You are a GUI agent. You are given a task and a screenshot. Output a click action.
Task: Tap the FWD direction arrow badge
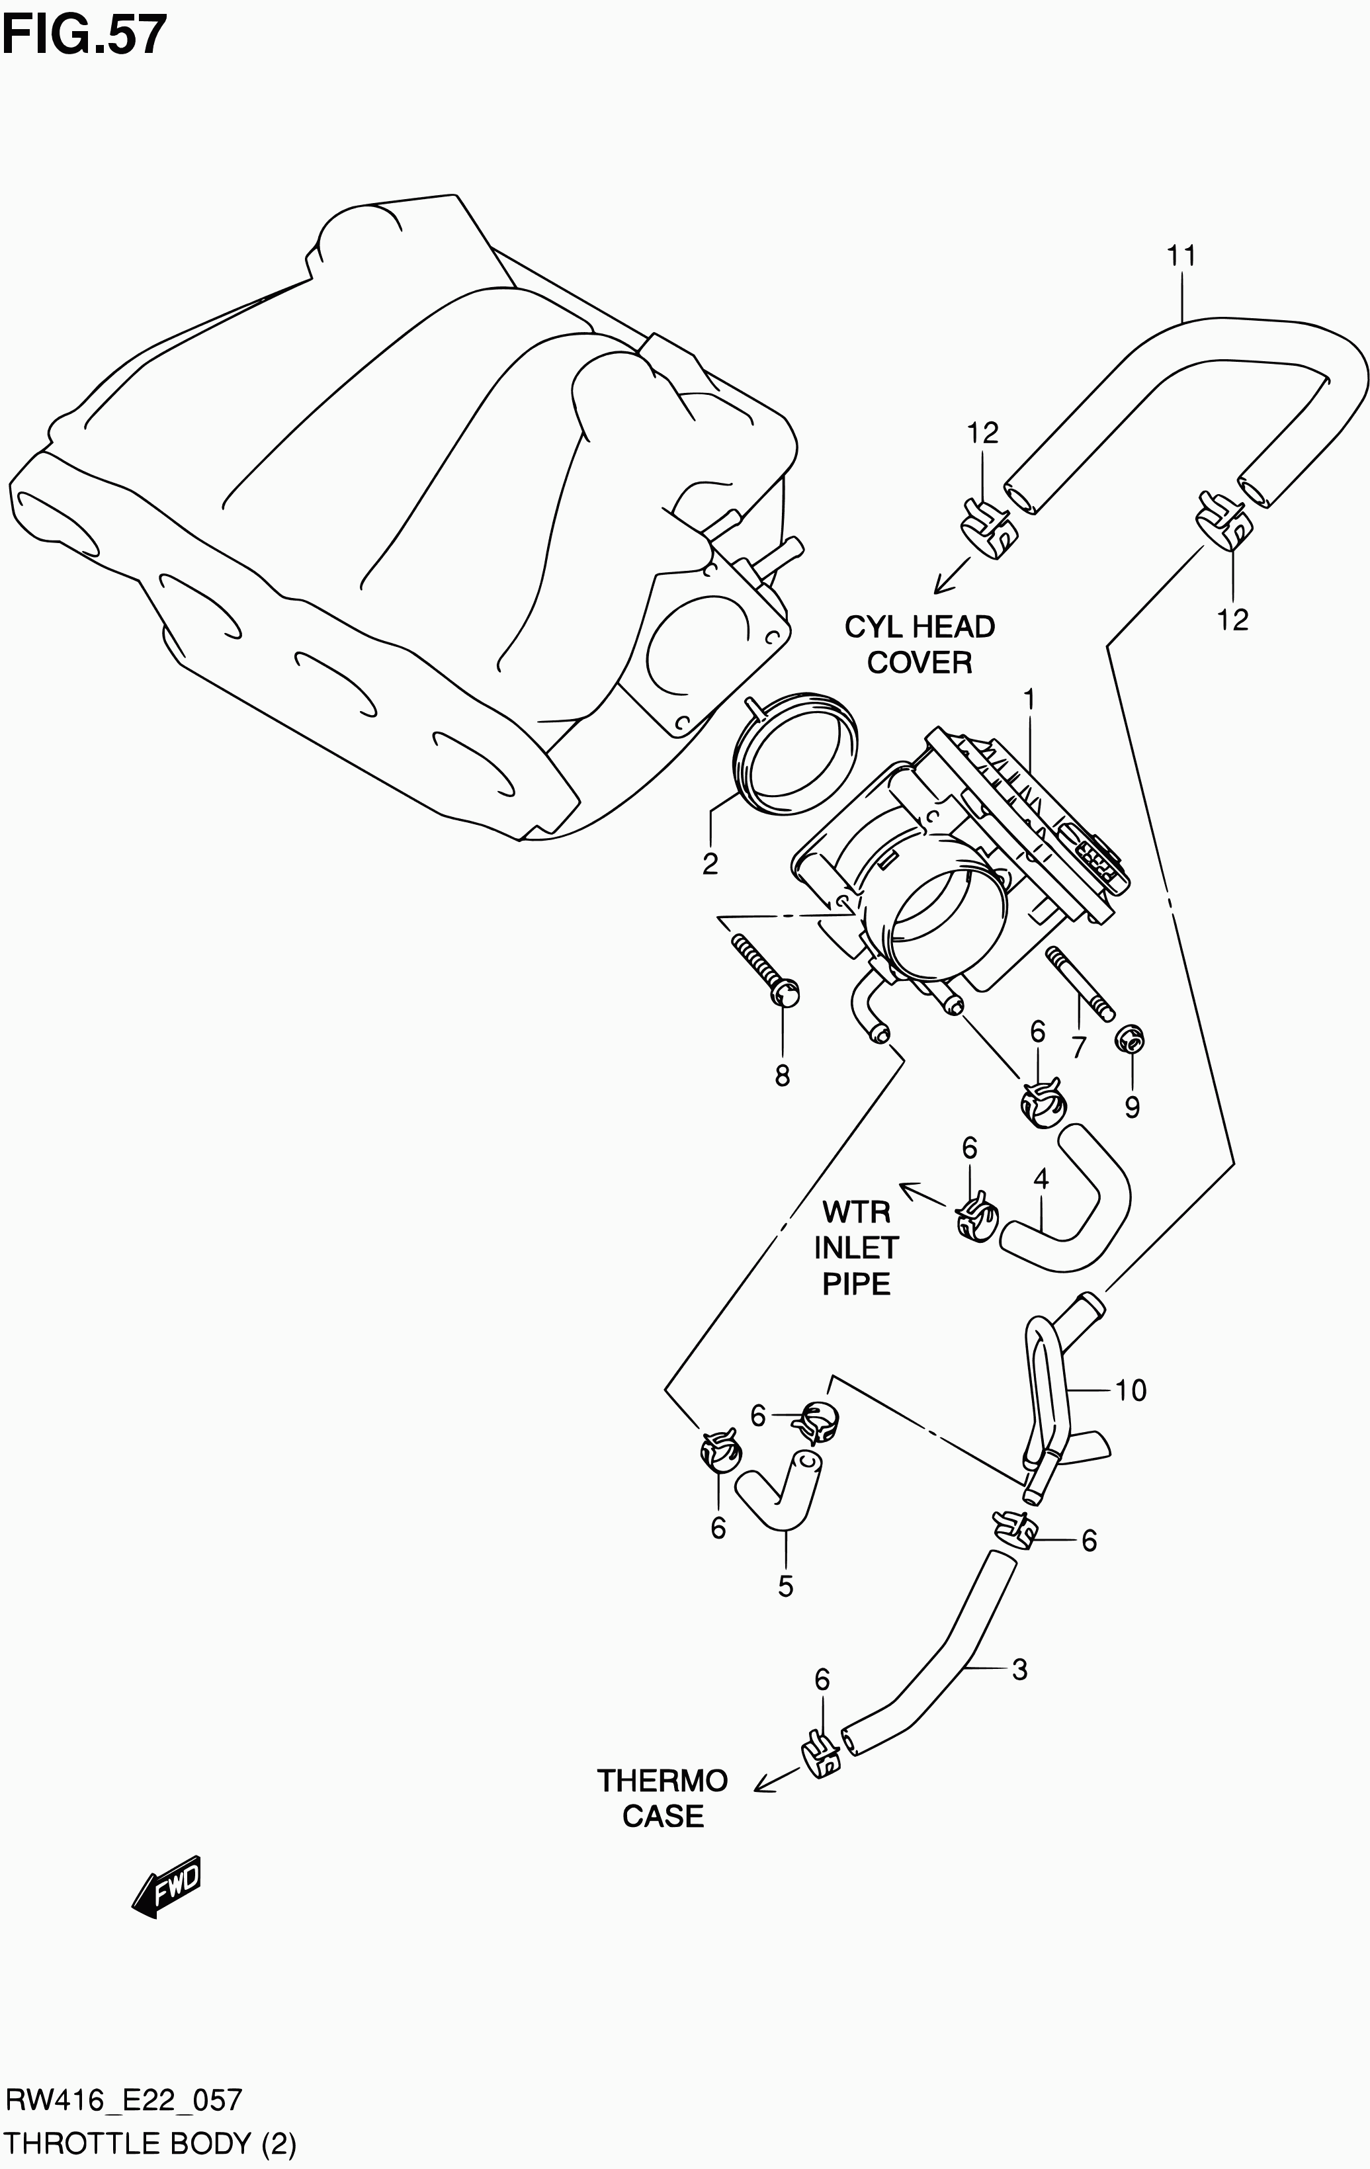pos(167,1885)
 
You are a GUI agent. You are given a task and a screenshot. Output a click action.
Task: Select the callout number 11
pos(1181,257)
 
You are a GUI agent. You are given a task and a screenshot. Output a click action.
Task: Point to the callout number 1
pos(1028,700)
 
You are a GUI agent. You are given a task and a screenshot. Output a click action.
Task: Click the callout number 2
pos(710,864)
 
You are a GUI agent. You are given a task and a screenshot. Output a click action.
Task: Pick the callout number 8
pos(782,1076)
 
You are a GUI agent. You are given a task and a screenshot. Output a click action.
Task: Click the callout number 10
pos(1131,1390)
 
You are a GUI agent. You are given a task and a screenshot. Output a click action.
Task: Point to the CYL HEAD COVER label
pos(919,645)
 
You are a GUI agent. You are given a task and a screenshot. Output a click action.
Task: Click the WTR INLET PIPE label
pos(856,1248)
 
